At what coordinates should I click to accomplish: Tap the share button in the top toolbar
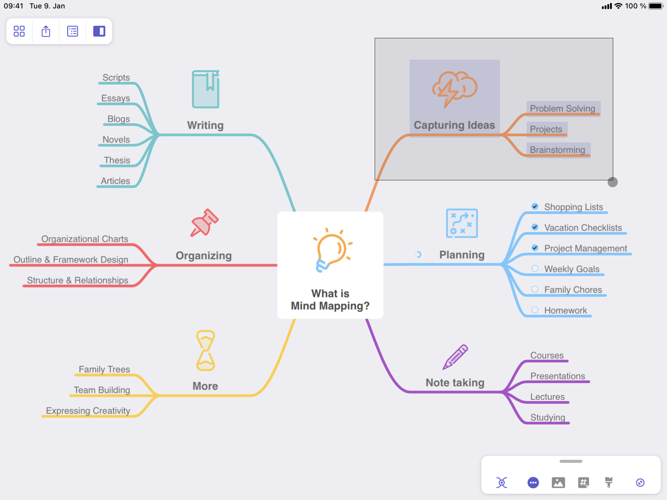click(46, 31)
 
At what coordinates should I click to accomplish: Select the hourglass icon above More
click(206, 351)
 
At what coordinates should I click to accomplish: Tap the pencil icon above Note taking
click(455, 357)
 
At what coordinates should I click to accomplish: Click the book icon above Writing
click(206, 89)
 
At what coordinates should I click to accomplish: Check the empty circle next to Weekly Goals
click(535, 269)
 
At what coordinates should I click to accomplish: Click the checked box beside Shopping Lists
click(535, 206)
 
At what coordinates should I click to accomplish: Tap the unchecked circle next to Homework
click(535, 310)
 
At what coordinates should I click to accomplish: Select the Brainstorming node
click(557, 150)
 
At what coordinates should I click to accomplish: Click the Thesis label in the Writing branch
click(117, 160)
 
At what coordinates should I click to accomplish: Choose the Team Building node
click(102, 390)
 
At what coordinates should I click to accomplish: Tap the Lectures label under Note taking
click(547, 396)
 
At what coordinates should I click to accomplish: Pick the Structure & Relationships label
click(78, 280)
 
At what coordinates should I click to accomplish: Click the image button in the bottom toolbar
click(558, 482)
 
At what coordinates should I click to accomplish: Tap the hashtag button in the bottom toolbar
click(583, 482)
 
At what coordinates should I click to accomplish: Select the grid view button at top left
click(19, 31)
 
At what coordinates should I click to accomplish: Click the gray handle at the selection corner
click(613, 182)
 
